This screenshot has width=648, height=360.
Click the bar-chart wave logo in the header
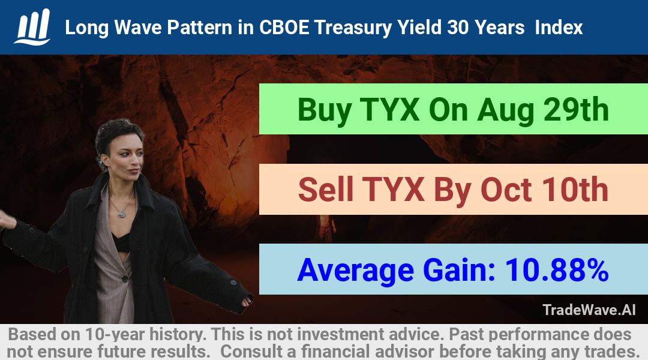pos(32,27)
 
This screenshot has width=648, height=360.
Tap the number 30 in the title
pos(457,28)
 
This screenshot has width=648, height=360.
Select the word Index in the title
pos(559,28)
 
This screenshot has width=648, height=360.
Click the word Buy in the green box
pos(325,110)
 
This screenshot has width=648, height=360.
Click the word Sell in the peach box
pos(326,190)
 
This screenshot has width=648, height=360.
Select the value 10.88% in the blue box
pos(557,270)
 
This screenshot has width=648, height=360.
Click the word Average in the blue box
pos(355,271)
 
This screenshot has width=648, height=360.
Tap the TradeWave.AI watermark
pos(589,310)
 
